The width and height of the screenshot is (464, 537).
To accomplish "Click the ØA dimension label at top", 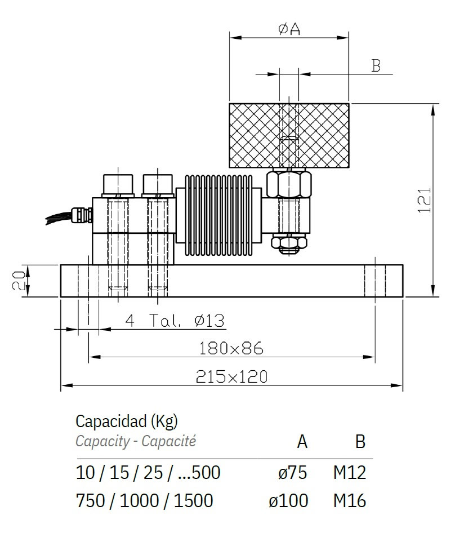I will pos(289,29).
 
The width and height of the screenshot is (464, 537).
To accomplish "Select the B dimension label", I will pos(376,65).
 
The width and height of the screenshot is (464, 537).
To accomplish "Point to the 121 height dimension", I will pos(425,200).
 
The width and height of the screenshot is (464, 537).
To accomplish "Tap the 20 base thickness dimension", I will pos(19,280).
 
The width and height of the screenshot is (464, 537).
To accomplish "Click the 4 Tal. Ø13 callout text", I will pos(175,321).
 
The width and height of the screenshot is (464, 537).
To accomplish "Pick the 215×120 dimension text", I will pos(231,377).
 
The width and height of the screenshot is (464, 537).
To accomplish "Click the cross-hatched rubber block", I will pos(253,135).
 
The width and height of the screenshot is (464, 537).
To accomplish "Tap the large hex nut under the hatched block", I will pos(289,184).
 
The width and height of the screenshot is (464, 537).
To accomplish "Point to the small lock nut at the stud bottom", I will pos(289,242).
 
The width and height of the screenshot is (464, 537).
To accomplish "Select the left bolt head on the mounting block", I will pos(117,185).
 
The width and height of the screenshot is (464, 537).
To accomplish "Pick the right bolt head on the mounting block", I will pos(157,185).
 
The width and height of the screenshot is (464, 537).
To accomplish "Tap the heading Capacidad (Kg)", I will pos(127,420).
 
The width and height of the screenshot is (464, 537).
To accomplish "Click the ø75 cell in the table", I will pos(293,472).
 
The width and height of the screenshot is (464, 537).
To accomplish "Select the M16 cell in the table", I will pos(349,500).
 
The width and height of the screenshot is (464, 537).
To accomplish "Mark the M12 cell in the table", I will pos(349,472).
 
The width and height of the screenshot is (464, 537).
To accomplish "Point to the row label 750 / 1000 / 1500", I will pos(144,500).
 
